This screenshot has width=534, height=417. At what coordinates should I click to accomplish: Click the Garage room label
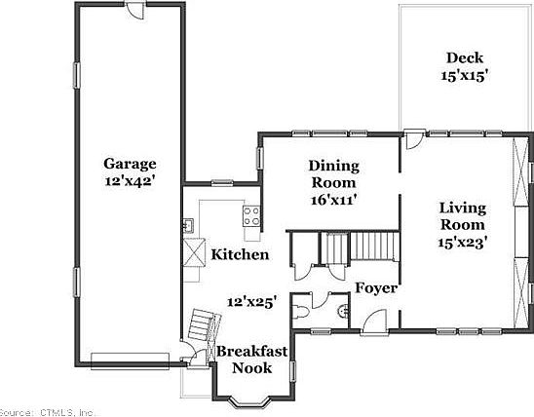click(130, 164)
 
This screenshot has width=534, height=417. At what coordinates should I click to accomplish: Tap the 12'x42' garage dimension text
click(130, 180)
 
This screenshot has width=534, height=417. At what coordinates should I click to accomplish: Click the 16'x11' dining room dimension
click(333, 199)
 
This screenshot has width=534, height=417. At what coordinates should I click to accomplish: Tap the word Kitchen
click(240, 255)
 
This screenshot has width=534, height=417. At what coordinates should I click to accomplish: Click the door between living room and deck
click(414, 138)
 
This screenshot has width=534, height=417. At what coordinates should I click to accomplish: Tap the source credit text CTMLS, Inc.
click(49, 411)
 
